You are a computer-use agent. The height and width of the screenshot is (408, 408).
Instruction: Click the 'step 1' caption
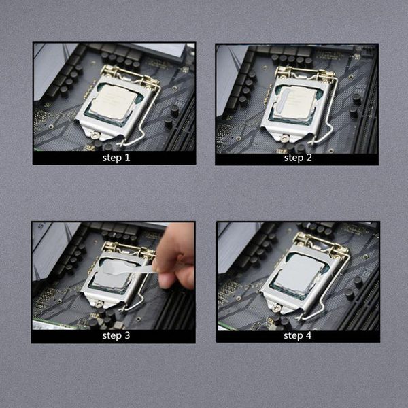[115, 158]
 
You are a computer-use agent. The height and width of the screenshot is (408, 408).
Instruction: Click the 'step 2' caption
[298, 158]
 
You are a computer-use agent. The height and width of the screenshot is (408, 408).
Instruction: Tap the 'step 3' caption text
[114, 336]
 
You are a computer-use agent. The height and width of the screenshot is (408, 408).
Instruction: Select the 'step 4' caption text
[298, 336]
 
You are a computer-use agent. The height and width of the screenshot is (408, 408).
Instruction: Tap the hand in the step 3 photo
[176, 252]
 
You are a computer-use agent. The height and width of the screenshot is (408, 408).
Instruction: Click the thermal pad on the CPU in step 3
[112, 275]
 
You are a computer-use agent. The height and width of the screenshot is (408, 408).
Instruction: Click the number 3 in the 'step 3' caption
[124, 336]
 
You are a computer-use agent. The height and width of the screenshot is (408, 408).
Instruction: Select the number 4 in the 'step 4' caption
[308, 336]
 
